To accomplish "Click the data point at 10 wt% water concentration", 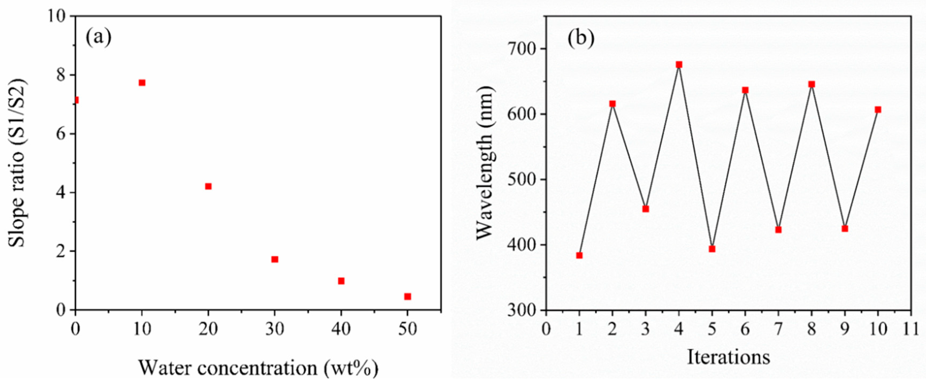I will pyautogui.click(x=142, y=83).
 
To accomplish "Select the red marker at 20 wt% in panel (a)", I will pyautogui.click(x=208, y=186).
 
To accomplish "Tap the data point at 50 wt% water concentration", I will pyautogui.click(x=407, y=296).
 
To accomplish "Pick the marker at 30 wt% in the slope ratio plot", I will pyautogui.click(x=275, y=259).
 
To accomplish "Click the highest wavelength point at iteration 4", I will pyautogui.click(x=679, y=65).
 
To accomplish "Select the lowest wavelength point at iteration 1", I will pyautogui.click(x=579, y=256).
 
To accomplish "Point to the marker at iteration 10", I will pyautogui.click(x=878, y=110).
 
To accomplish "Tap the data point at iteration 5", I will pyautogui.click(x=712, y=249).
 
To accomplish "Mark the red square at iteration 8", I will pyautogui.click(x=811, y=84).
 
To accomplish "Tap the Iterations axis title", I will pyautogui.click(x=728, y=357).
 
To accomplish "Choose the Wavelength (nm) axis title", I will pyautogui.click(x=485, y=163).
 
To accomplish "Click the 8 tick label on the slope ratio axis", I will pyautogui.click(x=61, y=75).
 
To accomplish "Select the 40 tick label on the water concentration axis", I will pyautogui.click(x=341, y=329).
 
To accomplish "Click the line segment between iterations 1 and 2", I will pyautogui.click(x=596, y=180).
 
